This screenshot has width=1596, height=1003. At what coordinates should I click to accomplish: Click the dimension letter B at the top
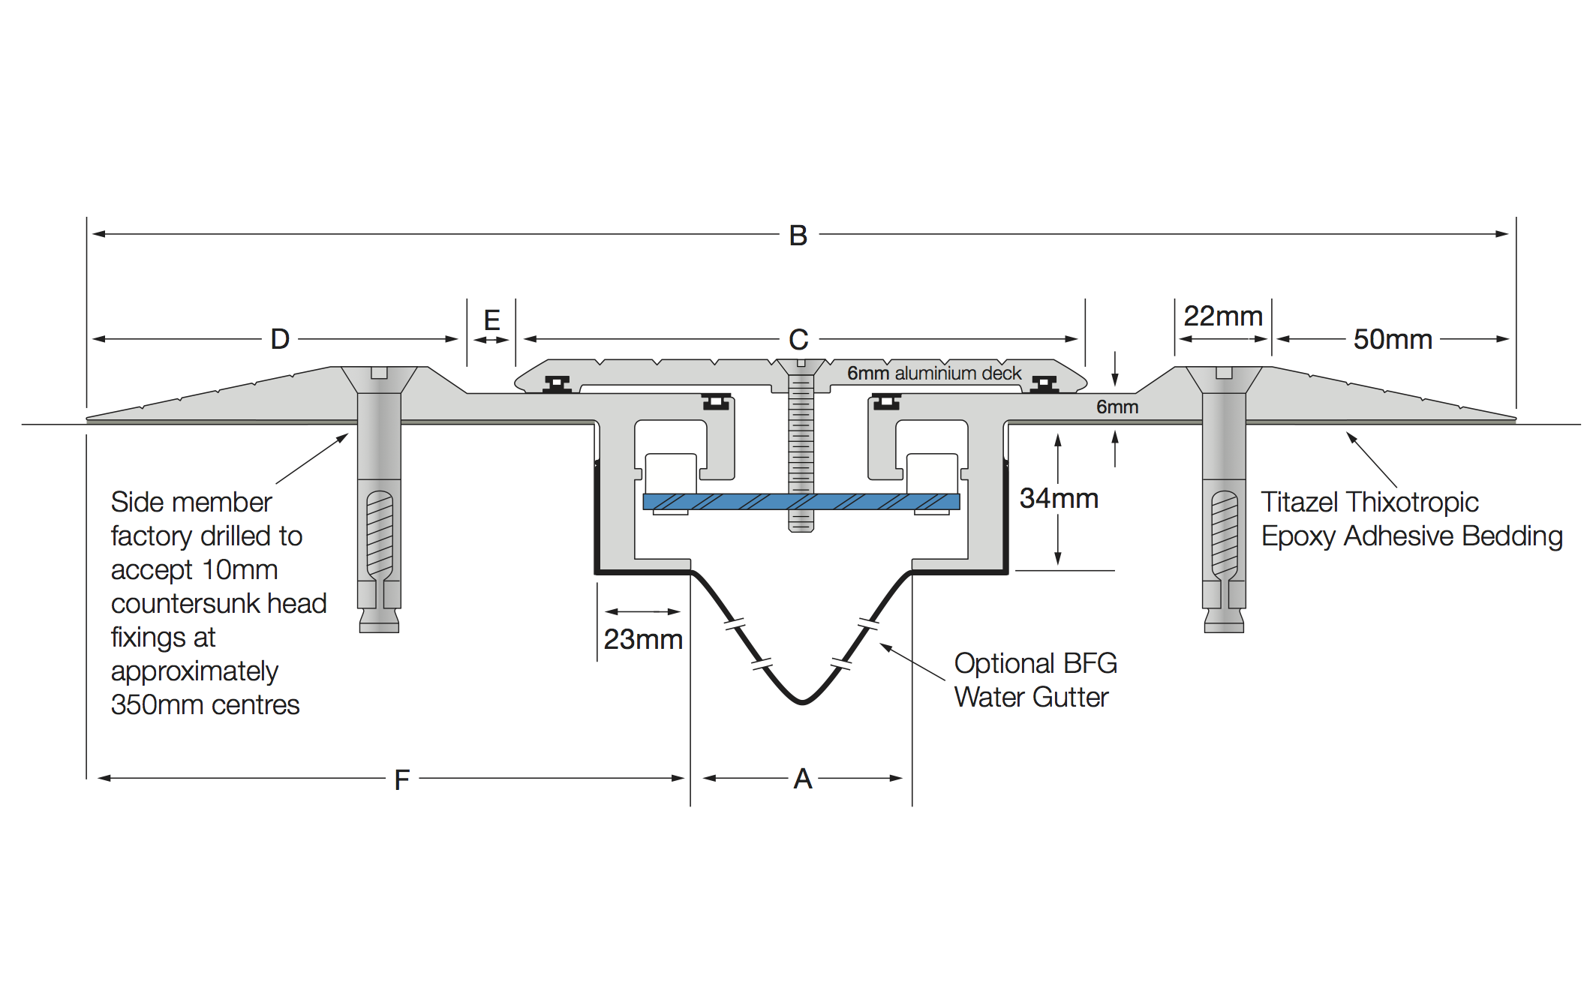pos(798,236)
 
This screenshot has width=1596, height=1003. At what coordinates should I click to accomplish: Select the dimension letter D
pos(280,339)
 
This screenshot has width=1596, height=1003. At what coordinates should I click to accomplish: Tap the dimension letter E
pos(492,320)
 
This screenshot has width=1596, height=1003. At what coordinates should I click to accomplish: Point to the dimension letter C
pos(798,340)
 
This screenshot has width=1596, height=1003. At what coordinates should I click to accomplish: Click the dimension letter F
pos(402,780)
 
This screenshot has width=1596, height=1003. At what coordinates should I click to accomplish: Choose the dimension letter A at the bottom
pos(803,779)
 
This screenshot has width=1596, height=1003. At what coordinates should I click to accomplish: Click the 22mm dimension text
pos(1223,316)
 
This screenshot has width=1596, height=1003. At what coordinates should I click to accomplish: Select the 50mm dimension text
pos(1393,339)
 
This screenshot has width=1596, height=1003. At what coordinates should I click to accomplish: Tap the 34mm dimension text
pos(1059,498)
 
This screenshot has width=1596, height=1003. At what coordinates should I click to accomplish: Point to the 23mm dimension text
pos(643,639)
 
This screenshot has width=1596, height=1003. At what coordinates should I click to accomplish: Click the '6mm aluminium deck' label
pos(934,373)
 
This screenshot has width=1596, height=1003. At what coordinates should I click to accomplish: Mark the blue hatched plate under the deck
pos(801,502)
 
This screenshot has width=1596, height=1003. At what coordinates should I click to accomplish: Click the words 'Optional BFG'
pos(1035,663)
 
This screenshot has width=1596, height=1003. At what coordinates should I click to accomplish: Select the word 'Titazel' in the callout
pos(1301,502)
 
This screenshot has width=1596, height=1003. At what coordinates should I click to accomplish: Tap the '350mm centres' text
pos(205,704)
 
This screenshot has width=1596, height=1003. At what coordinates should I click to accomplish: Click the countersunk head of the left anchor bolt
pos(379,380)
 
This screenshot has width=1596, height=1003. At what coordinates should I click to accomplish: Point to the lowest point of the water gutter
pos(802,702)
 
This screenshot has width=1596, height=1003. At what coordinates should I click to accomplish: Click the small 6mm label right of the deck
pos(1117,407)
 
